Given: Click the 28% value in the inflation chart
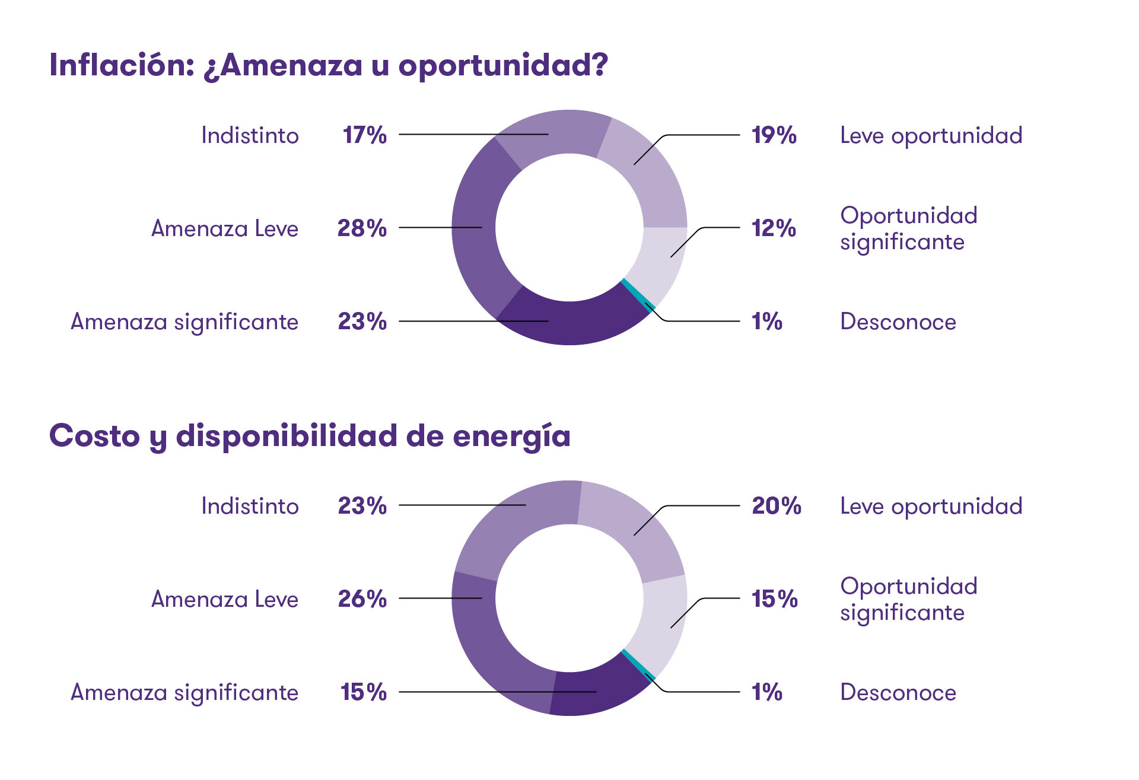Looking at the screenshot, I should [362, 228].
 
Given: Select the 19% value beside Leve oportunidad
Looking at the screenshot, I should [774, 135].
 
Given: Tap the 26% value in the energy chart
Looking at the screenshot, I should [362, 598].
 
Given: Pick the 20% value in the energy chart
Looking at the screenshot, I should [776, 506].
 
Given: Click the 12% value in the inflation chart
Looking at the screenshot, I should [774, 228].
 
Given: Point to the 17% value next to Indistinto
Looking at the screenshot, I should [364, 135].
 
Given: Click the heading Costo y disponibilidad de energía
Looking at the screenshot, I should [310, 436].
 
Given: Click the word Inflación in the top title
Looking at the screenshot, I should [122, 65].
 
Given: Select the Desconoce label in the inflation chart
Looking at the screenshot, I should [898, 321].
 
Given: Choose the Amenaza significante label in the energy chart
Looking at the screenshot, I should [184, 692].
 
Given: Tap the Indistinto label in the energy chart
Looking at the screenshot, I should [250, 506].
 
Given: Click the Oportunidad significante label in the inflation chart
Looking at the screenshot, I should [908, 228].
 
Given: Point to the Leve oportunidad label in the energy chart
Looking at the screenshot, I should [931, 506].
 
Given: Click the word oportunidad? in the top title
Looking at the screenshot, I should [503, 65].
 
